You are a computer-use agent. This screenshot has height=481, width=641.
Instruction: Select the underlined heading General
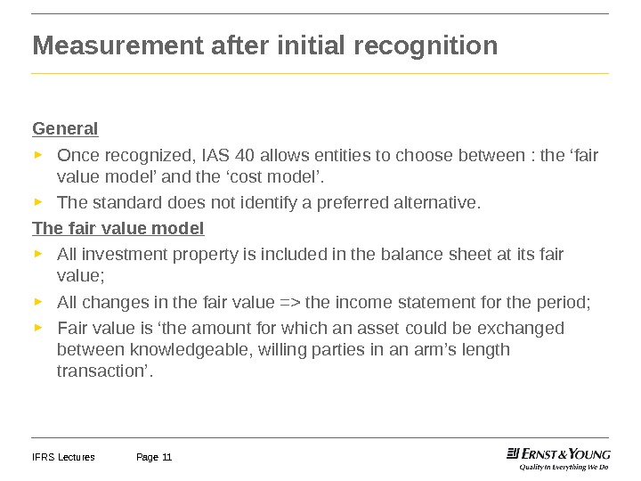65,128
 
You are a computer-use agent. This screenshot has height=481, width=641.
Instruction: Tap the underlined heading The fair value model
118,229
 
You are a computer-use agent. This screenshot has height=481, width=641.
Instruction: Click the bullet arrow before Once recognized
37,155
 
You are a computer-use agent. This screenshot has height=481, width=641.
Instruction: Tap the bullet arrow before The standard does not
37,201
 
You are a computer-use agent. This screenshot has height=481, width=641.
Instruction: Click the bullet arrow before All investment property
37,253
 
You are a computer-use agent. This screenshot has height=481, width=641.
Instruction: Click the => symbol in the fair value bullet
290,303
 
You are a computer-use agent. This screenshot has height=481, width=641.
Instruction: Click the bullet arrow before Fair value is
37,326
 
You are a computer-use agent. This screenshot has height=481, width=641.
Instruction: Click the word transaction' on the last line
105,371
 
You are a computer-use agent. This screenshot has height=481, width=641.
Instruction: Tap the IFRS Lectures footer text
63,458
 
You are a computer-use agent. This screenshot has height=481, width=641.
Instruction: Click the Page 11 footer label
154,458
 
